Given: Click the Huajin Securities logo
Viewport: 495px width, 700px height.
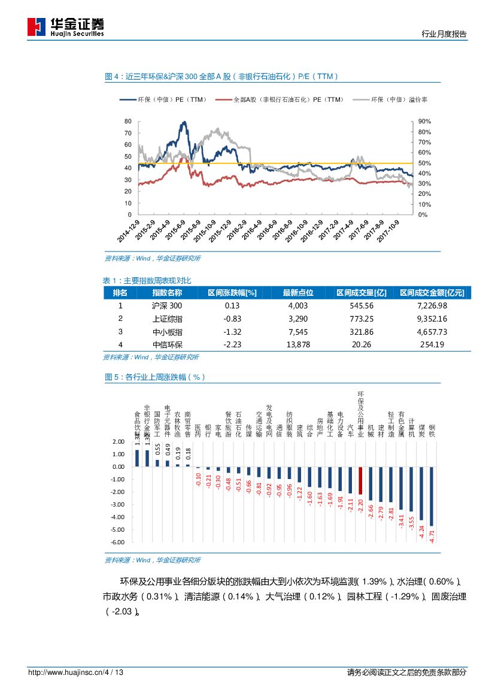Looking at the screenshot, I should pos(65,26).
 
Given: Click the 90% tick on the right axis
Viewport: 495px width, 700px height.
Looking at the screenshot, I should pos(424,122).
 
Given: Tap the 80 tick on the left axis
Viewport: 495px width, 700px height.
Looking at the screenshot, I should pos(127,122).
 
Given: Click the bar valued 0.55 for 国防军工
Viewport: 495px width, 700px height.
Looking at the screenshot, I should pos(157,463).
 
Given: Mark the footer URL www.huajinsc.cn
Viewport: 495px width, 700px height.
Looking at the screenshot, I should pos(76,672).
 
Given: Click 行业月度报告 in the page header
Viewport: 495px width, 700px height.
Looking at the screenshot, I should pos(444,34).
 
